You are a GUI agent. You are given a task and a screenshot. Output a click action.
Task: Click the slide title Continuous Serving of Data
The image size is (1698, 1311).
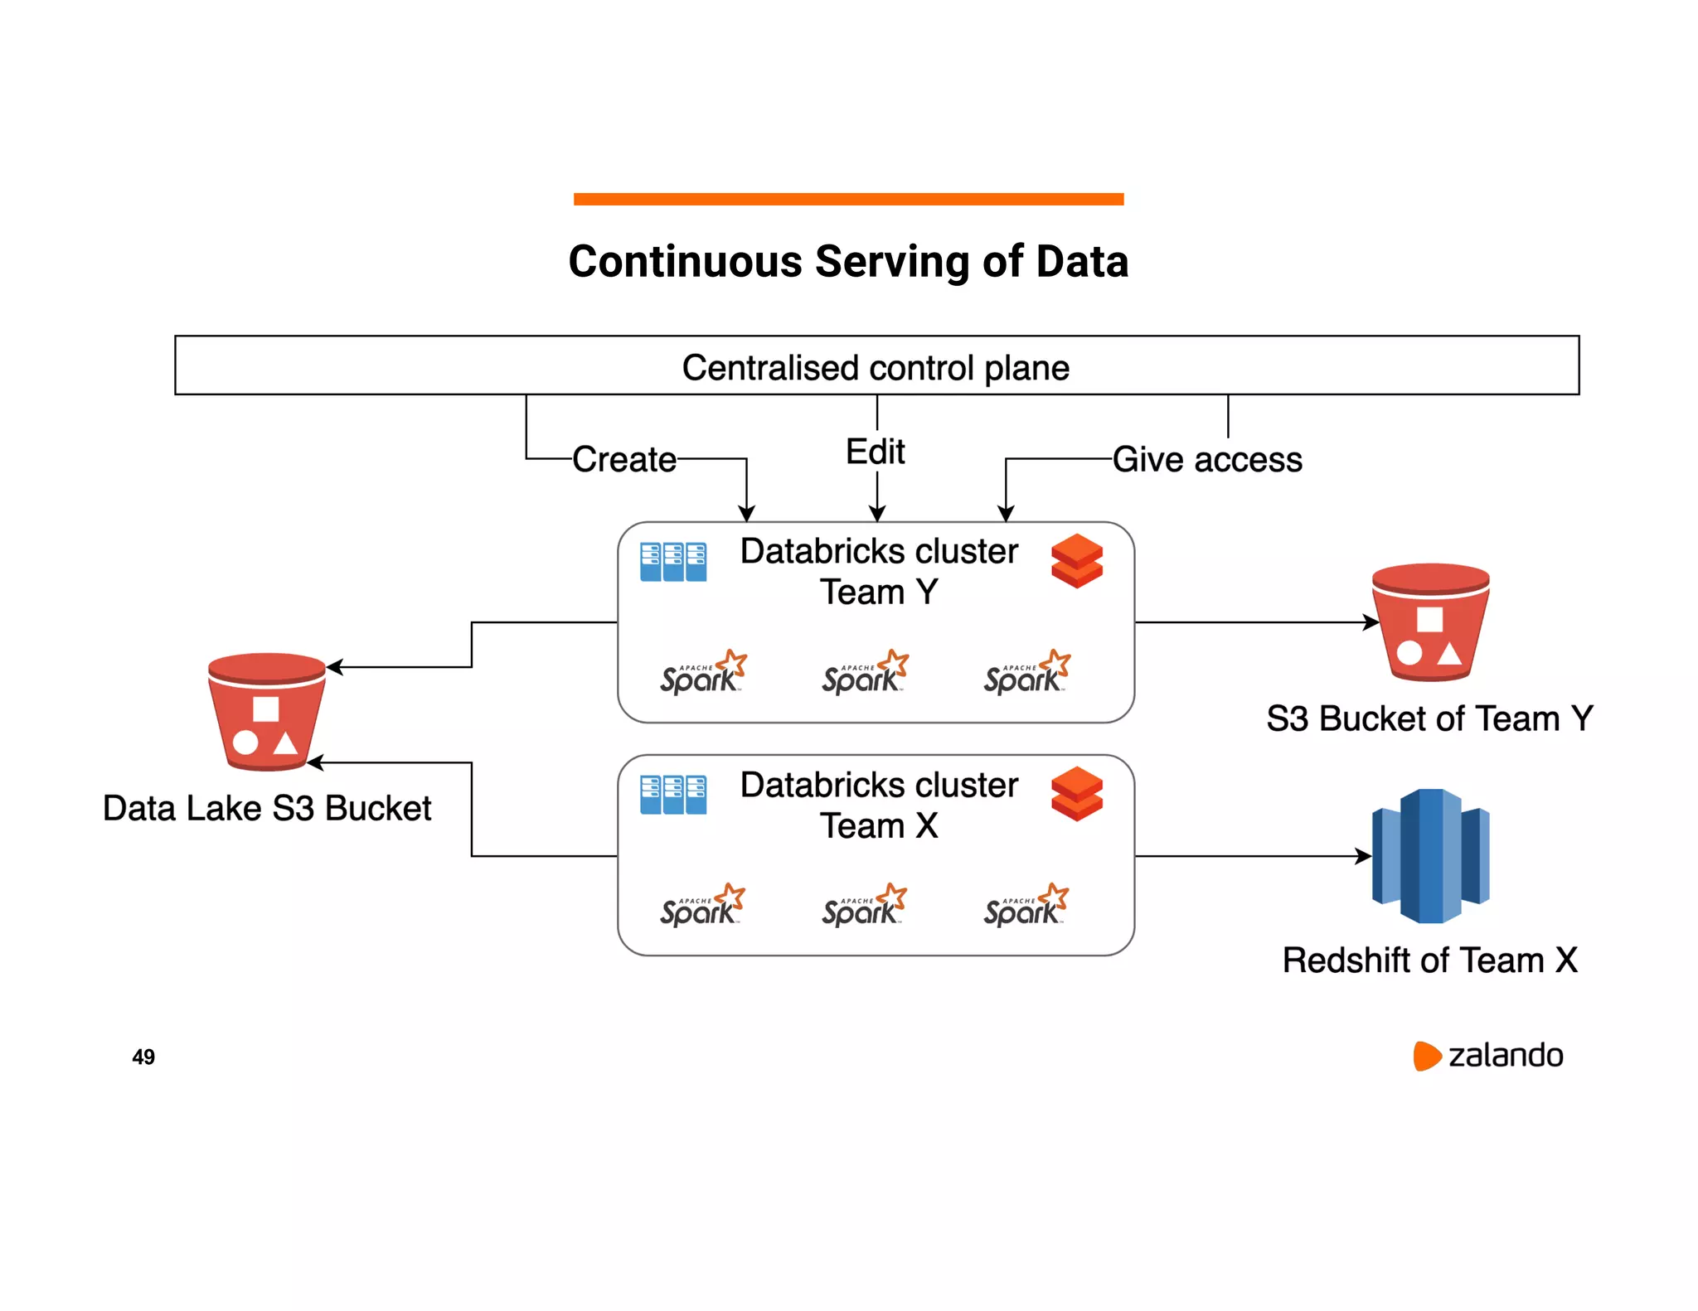847,262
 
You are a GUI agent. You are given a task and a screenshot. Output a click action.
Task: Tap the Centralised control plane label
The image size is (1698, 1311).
876,367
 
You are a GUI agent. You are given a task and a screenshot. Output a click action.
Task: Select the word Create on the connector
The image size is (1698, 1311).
624,459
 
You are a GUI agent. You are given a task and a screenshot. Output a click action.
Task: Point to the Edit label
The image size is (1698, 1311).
875,452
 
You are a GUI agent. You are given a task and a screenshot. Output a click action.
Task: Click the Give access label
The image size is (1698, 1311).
1206,459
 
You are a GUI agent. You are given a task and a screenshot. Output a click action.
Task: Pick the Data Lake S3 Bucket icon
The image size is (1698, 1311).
266,711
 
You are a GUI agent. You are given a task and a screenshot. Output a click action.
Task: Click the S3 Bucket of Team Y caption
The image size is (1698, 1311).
1429,718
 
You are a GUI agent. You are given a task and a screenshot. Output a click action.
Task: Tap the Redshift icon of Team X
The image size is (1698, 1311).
1430,855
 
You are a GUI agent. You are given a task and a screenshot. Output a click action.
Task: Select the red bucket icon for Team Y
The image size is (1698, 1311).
1430,622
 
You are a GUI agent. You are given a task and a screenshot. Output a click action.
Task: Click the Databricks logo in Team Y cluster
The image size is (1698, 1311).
1076,561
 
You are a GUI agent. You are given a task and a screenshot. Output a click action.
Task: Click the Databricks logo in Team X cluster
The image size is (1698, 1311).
1076,794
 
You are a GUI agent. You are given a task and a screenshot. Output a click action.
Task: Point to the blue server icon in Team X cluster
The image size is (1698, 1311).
673,795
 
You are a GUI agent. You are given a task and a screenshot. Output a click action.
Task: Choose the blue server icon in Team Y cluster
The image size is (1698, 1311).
673,562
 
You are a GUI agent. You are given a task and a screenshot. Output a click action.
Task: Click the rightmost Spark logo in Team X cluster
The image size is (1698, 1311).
1026,905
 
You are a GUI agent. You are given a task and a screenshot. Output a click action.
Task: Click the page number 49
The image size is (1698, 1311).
143,1057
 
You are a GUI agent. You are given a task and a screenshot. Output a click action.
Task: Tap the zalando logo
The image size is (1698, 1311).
1488,1056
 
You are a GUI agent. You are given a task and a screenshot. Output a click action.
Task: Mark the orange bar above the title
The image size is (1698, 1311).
848,199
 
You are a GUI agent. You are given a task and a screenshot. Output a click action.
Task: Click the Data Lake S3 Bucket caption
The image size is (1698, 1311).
267,808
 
